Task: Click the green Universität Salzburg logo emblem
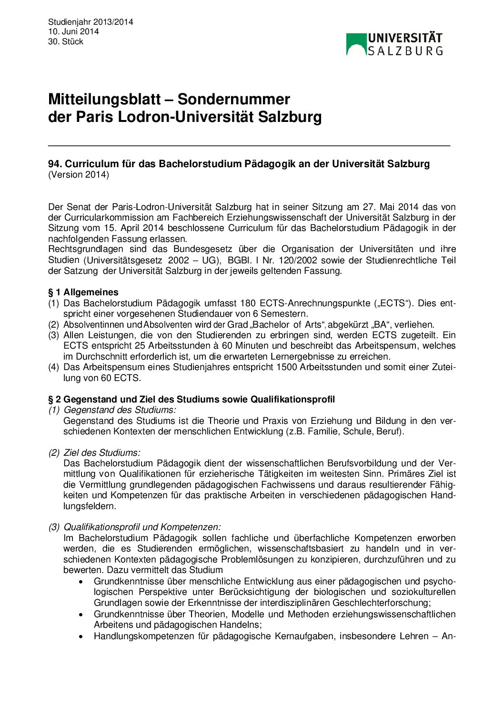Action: coord(356,44)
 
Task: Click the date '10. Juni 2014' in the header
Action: coord(73,31)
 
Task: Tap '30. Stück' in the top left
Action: coord(66,41)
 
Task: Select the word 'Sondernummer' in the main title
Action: coord(233,100)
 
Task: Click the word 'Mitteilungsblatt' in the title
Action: coord(104,100)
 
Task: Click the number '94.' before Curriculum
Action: coord(55,164)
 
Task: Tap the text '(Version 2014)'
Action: coord(79,175)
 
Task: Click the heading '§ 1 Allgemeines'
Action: coord(83,292)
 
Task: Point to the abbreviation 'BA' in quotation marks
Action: coord(380,325)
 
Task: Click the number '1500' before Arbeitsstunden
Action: coord(287,367)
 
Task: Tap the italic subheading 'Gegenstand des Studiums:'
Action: coord(120,410)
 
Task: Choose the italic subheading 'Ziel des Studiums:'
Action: coord(102,452)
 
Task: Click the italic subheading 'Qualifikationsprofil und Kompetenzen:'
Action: coord(142,527)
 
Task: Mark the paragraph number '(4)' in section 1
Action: coord(54,367)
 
